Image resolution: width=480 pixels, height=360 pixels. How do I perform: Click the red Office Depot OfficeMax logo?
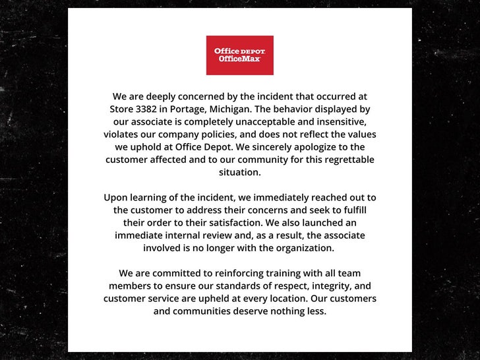coord(239,55)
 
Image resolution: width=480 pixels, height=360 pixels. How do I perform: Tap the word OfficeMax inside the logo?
coord(239,59)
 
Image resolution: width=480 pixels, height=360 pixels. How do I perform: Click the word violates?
coord(121,134)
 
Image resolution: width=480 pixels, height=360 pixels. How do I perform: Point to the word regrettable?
coord(346,159)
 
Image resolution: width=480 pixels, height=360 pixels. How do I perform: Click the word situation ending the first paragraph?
coord(239,171)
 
